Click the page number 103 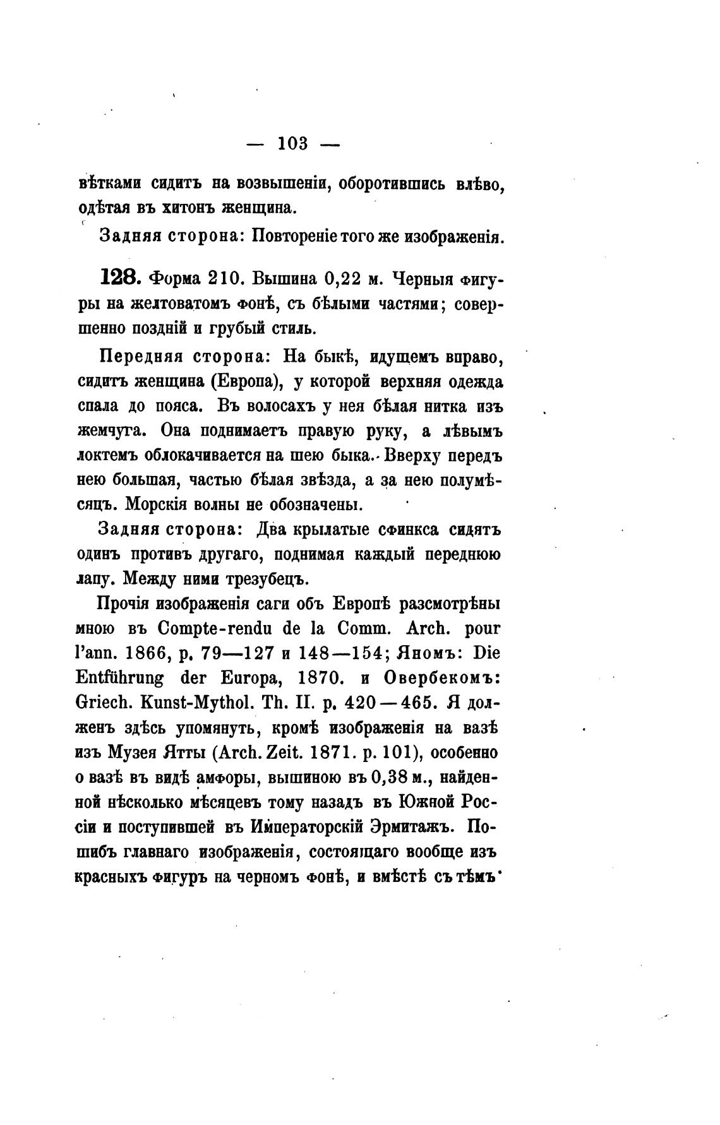(x=292, y=144)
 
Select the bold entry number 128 (x=120, y=278)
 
